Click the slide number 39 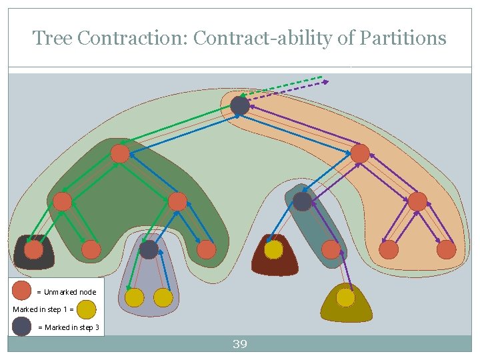point(239,344)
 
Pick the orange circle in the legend point(22,291)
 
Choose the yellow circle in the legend point(87,309)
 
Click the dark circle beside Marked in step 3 point(22,327)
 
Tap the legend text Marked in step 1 point(39,309)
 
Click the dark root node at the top point(240,105)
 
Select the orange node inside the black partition point(33,250)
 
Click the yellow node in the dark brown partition point(273,250)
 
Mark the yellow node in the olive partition point(345,297)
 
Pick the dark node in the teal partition point(302,201)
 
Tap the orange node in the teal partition point(331,250)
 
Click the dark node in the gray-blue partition point(149,250)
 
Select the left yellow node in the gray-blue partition point(135,297)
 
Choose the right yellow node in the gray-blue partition point(163,297)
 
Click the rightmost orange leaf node point(446,250)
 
